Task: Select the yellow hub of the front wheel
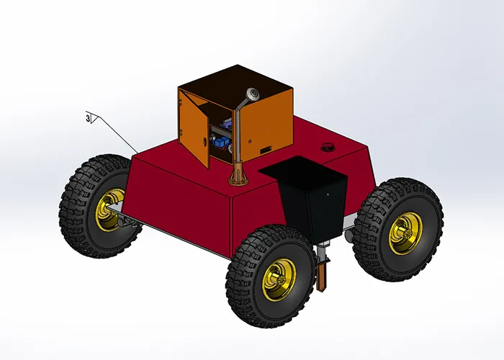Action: pyautogui.click(x=277, y=279)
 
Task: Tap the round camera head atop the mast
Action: pyautogui.click(x=252, y=93)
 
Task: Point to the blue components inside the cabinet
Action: pyautogui.click(x=220, y=140)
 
